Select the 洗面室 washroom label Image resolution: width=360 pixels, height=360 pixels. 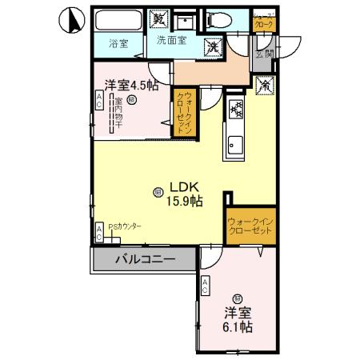172,40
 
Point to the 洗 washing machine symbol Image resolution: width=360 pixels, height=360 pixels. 214,46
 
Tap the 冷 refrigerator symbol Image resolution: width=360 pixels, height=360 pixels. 264,82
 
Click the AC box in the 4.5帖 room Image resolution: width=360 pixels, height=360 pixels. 99,101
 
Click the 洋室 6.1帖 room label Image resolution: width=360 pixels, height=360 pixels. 238,319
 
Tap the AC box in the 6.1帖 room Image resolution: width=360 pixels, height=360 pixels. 206,285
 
